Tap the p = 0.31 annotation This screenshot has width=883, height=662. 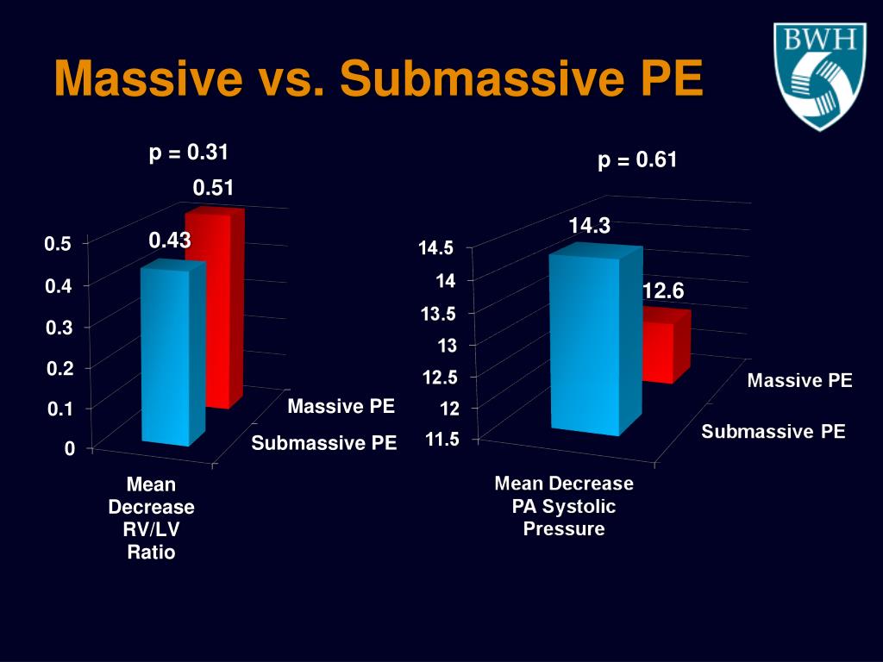click(189, 153)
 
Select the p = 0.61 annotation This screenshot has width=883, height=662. click(637, 159)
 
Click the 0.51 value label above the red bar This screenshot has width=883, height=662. click(213, 188)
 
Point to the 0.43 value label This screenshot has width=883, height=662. click(169, 241)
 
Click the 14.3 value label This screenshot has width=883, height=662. click(589, 226)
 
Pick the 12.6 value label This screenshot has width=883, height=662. click(662, 292)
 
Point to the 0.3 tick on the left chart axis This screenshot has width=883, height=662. click(59, 328)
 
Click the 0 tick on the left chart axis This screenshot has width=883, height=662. click(69, 448)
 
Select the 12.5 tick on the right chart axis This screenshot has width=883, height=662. click(440, 377)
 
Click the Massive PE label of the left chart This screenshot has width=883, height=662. click(341, 406)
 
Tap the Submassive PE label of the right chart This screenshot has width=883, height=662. click(773, 432)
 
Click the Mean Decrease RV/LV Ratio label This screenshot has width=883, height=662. click(151, 518)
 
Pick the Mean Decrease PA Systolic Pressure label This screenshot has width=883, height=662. click(564, 506)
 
